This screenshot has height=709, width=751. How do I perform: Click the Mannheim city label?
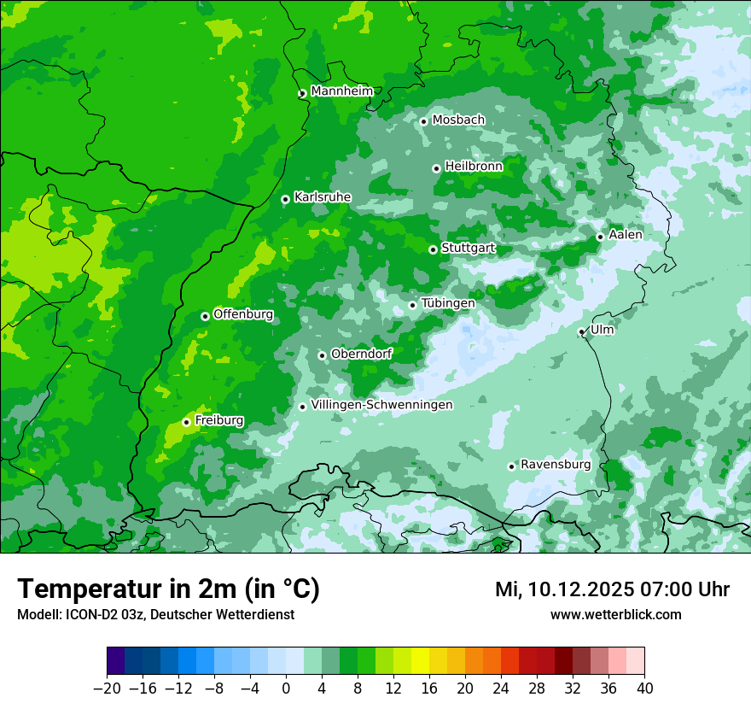pos(341,91)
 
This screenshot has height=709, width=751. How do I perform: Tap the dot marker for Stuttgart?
pos(433,249)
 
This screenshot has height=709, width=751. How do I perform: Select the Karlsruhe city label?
pos(323,197)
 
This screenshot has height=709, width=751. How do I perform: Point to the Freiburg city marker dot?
pos(186,422)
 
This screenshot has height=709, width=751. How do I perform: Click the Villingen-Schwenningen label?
pos(381,405)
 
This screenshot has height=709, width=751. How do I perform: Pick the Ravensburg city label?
pos(556,465)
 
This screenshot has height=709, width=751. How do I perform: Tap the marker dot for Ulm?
pos(582,331)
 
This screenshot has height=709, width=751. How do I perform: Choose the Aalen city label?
pos(626,235)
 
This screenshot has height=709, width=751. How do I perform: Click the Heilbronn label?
pos(474,167)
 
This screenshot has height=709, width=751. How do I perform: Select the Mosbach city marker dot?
pos(423,121)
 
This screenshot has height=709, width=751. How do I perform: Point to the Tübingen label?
pos(448,303)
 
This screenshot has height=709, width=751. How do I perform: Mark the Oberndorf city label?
pos(362,354)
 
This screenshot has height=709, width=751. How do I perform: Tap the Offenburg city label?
pos(243,314)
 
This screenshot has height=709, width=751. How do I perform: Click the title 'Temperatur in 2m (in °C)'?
pos(168,589)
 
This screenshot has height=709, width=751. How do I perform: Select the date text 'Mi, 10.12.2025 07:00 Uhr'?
pos(612,589)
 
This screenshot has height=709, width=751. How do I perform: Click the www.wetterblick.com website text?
pos(615,614)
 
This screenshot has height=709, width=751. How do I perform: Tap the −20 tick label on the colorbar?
pos(107,688)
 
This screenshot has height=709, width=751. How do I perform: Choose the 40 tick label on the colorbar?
pos(644,688)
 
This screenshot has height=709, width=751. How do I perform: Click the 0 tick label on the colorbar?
pos(286,688)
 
